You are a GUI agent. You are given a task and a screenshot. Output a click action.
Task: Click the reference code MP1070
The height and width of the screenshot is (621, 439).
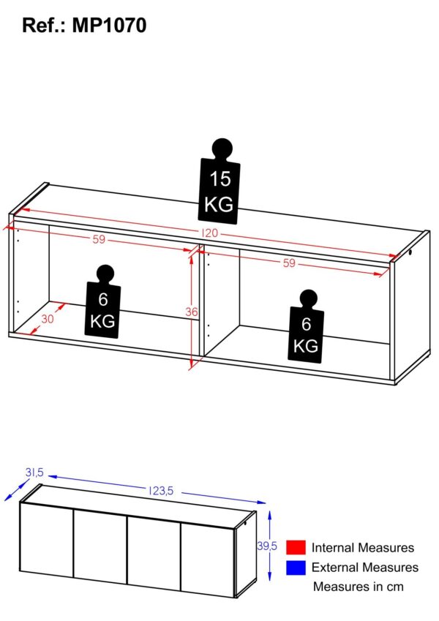(109, 26)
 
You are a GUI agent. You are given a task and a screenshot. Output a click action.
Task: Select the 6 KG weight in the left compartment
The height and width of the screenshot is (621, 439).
(102, 302)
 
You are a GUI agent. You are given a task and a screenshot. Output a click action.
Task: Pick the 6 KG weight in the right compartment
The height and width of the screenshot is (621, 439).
(307, 326)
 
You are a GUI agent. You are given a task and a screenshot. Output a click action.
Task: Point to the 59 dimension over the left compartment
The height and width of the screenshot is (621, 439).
(99, 239)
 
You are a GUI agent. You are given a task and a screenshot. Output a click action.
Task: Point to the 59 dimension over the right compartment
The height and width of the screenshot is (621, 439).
(289, 263)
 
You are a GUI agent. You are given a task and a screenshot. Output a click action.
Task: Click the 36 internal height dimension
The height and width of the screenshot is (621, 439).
(192, 312)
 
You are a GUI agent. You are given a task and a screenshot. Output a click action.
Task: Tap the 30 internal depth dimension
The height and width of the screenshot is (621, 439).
(47, 318)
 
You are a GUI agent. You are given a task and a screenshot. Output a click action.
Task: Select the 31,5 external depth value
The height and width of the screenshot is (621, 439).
(34, 473)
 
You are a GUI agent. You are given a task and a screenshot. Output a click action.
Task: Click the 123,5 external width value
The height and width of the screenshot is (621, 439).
(161, 491)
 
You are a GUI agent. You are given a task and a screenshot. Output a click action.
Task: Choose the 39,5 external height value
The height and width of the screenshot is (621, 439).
(266, 546)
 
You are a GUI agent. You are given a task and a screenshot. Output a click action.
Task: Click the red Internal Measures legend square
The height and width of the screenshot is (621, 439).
(296, 547)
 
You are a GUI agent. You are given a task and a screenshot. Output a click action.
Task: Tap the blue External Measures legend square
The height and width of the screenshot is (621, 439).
(296, 568)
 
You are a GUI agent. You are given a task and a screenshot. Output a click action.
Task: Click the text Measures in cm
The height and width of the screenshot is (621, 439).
(359, 587)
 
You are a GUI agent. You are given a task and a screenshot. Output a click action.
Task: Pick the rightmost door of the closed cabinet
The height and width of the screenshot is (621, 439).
(208, 560)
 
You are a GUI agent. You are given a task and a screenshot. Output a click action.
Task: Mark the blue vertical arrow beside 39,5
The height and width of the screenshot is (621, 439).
(270, 546)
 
